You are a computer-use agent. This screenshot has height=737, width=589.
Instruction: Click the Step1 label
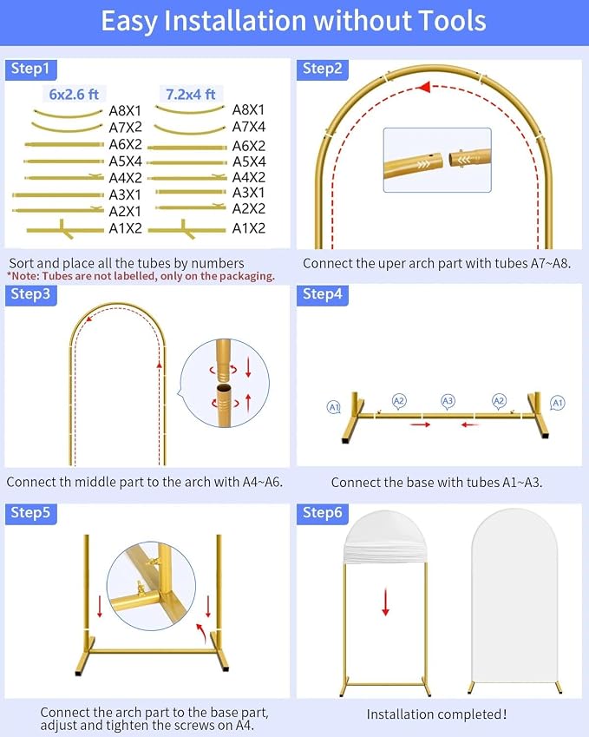pos(30,69)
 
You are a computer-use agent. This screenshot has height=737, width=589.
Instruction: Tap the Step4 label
pos(322,294)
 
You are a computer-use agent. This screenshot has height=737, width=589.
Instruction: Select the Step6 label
pos(322,512)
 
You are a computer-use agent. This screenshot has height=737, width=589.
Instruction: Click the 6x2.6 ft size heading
pos(74,95)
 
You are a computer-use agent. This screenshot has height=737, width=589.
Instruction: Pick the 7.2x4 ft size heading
pos(190,95)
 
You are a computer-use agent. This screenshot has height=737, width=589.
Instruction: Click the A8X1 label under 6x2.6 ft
pos(125,111)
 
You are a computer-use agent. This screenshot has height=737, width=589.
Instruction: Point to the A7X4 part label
pos(249,127)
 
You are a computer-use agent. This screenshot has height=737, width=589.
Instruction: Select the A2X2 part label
pos(249,208)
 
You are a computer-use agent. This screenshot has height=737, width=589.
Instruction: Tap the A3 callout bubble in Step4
pos(448,401)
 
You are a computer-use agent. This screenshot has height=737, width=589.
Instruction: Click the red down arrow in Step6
pos(386,602)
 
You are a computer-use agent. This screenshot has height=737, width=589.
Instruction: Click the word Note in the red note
pos(25,276)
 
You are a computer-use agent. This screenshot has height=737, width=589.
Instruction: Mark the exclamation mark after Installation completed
pos(505,714)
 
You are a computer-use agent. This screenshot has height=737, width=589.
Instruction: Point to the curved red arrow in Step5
pos(201,633)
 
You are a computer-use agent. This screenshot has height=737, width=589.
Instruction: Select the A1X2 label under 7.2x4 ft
pos(249,228)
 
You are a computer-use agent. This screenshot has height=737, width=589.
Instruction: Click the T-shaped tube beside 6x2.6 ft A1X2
pos(65,229)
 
